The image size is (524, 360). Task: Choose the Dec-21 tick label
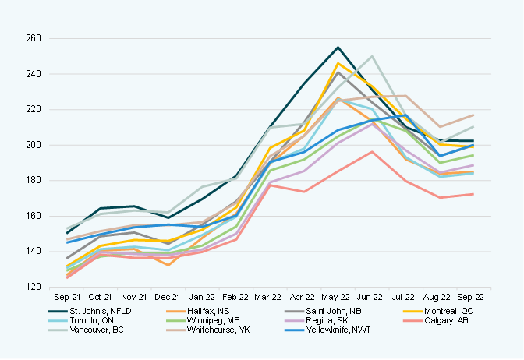coord(168,297)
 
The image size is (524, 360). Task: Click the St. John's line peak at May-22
coord(338,47)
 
